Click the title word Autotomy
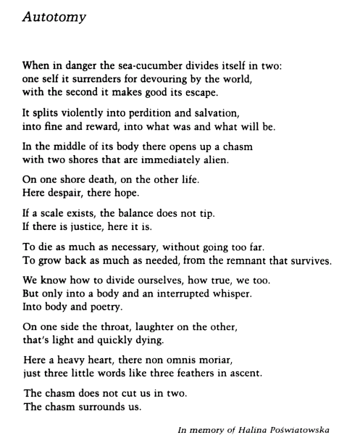coord(54,17)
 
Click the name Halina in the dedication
coord(254,429)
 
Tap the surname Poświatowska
coord(305,429)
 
